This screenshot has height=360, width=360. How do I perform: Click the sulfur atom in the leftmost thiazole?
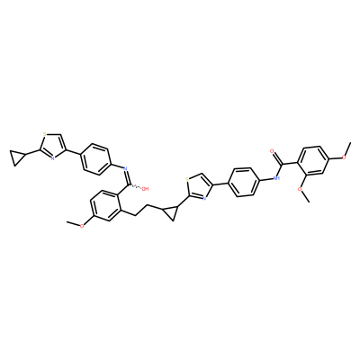pyautogui.click(x=44, y=134)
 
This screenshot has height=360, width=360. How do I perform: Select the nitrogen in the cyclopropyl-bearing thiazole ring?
pyautogui.click(x=52, y=158)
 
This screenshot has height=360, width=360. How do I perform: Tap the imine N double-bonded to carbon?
pyautogui.click(x=126, y=168)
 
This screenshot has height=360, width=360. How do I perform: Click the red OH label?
pyautogui.click(x=145, y=189)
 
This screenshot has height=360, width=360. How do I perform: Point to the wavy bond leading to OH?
pyautogui.click(x=135, y=187)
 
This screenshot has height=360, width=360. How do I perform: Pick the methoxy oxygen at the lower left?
pyautogui.click(x=82, y=226)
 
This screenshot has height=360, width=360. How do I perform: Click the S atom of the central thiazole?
pyautogui.click(x=187, y=180)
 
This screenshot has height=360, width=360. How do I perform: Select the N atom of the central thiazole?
pyautogui.click(x=203, y=198)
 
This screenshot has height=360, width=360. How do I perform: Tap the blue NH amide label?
pyautogui.click(x=276, y=178)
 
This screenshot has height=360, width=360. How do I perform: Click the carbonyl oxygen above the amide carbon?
pyautogui.click(x=272, y=150)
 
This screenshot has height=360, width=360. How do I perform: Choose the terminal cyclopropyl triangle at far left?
pyautogui.click(x=16, y=157)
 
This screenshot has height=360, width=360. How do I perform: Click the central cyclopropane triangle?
pyautogui.click(x=171, y=212)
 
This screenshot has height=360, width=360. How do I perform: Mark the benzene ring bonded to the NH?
pyautogui.click(x=244, y=182)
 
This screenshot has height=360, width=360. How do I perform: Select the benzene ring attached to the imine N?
pyautogui.click(x=95, y=159)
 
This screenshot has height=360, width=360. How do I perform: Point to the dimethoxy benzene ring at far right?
pyautogui.click(x=313, y=160)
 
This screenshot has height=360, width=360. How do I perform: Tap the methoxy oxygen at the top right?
pyautogui.click(x=344, y=157)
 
